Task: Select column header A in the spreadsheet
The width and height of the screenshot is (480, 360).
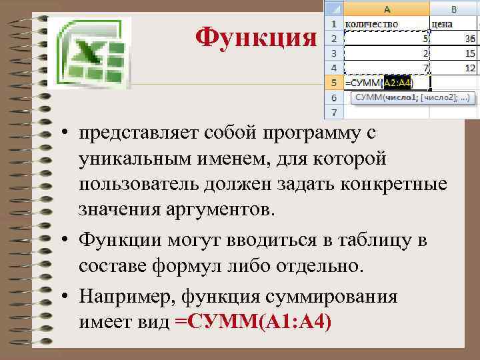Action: point(387,9)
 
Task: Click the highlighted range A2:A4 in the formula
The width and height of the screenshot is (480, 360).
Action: point(397,83)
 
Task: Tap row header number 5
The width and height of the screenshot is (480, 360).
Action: point(333,83)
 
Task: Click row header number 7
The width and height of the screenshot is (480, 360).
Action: point(333,113)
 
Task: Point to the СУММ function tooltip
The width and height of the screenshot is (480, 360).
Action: point(411,98)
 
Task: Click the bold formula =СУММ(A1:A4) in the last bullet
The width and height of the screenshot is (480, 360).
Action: point(253,321)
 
